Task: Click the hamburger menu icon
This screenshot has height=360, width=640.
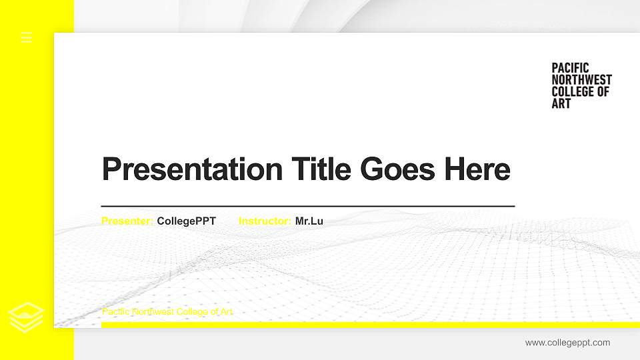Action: click(x=27, y=37)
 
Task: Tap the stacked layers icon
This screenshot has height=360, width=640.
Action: click(x=26, y=317)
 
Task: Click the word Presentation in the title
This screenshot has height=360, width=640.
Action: click(x=192, y=169)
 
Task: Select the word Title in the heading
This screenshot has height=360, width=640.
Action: click(x=321, y=169)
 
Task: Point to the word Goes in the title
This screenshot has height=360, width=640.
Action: click(x=397, y=169)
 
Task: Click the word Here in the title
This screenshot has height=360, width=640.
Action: click(x=477, y=169)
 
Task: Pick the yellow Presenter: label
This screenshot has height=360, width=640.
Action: click(x=127, y=221)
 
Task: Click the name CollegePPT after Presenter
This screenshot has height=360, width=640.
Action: click(x=186, y=221)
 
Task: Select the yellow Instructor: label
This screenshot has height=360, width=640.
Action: click(x=265, y=221)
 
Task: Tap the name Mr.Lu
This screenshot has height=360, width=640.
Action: click(x=309, y=221)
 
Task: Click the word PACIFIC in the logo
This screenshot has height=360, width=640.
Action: click(x=570, y=68)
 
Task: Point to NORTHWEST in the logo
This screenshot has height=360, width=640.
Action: click(x=581, y=79)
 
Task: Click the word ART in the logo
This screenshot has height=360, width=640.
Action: click(x=561, y=103)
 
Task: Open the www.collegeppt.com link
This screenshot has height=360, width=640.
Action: click(x=568, y=343)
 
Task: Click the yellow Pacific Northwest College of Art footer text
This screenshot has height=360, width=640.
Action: click(x=167, y=312)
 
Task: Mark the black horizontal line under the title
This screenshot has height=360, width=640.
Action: click(x=308, y=206)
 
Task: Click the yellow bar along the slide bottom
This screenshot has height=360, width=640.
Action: click(x=371, y=325)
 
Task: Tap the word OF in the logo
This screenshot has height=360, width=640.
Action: click(x=603, y=91)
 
